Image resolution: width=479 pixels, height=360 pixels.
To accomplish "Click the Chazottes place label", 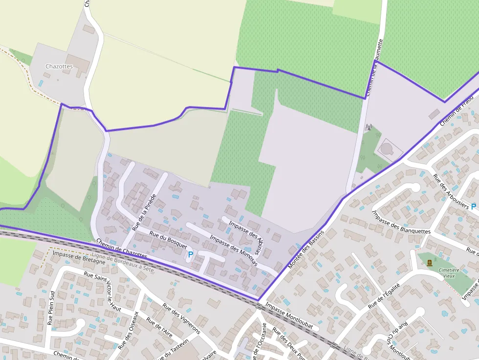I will [x=59, y=66].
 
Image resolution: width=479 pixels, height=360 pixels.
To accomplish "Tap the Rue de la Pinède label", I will [x=144, y=212].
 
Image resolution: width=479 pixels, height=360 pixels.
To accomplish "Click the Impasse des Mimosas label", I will [x=233, y=251].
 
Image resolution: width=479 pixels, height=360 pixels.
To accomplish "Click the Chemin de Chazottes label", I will [x=122, y=249].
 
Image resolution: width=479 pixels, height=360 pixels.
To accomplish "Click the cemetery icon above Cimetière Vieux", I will [x=430, y=263].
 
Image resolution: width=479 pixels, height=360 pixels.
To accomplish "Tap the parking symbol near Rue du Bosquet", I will [x=191, y=254].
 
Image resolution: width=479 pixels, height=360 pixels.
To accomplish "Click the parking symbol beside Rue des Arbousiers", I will [x=473, y=207].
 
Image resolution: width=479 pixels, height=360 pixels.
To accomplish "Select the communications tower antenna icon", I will [x=369, y=127].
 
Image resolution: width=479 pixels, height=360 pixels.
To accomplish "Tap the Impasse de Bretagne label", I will [x=79, y=257].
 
